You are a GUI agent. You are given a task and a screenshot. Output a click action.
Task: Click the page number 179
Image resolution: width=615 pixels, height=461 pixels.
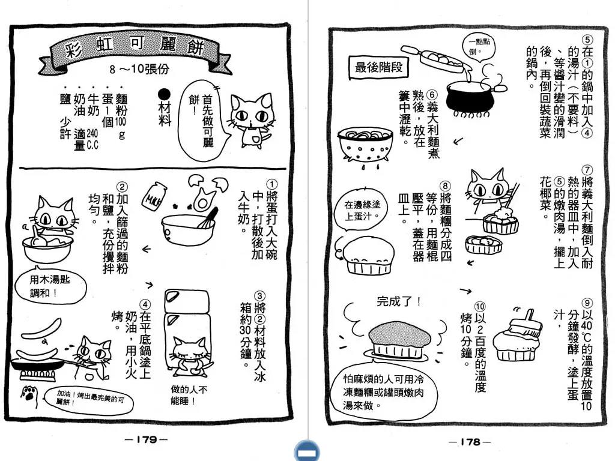coord(147,439)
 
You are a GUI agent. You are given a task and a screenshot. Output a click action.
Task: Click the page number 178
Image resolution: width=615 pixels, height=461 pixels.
coord(470,442)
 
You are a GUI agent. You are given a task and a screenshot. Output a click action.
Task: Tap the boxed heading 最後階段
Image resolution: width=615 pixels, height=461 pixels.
coord(378,67)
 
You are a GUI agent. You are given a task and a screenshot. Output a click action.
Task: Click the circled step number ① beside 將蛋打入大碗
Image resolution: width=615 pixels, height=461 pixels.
coord(271,184)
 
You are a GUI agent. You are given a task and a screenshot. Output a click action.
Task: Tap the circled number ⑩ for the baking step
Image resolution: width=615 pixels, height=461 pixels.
coord(480,306)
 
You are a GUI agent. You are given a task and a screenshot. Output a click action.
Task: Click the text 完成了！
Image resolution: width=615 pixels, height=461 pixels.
coord(399,301)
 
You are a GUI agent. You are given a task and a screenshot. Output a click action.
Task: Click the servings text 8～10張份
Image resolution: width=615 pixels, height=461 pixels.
coord(139,70)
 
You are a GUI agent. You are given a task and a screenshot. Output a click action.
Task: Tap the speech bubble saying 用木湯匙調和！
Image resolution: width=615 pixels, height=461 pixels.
coord(50,286)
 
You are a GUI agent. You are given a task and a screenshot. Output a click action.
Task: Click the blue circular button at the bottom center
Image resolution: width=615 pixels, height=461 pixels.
coord(307,451)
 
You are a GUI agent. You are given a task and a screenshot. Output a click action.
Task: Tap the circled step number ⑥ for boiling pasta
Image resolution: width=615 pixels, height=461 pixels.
coord(432,95)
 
